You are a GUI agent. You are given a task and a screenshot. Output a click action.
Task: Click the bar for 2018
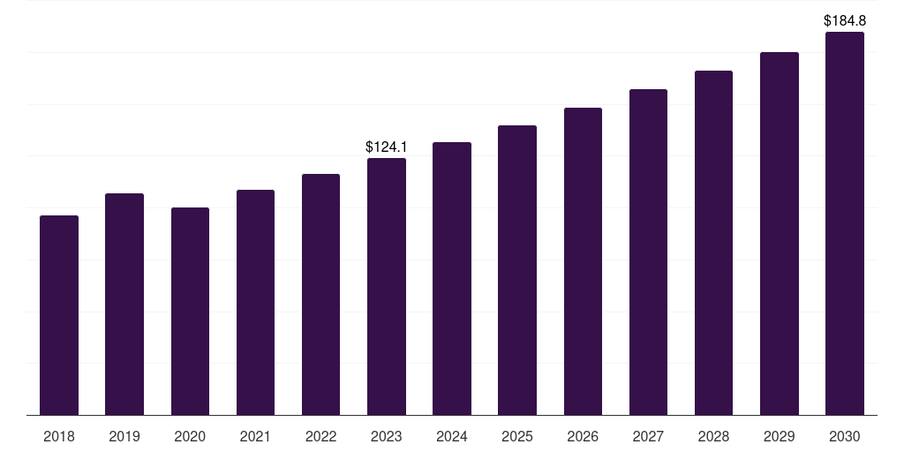(59, 315)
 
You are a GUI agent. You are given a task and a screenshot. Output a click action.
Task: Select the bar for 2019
(124, 305)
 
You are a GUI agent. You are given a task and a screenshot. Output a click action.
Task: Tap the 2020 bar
(191, 312)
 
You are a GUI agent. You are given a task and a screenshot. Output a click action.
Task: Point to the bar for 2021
(255, 303)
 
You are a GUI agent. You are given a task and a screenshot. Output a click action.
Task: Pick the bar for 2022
(320, 295)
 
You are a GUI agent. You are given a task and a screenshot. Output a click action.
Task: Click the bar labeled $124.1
(387, 287)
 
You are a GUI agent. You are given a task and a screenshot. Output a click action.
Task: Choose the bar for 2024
(452, 278)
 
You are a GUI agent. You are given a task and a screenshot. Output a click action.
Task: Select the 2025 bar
(517, 270)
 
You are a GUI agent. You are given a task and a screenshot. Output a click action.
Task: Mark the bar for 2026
(583, 261)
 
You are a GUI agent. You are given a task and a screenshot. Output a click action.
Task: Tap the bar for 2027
(648, 252)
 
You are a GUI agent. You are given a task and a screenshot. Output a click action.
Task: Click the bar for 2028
(713, 244)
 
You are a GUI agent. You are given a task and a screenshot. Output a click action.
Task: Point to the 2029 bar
(780, 234)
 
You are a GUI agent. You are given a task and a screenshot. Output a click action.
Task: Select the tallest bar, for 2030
(845, 223)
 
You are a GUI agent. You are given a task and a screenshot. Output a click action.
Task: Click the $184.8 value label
(845, 21)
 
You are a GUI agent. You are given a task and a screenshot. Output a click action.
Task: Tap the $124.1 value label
(387, 147)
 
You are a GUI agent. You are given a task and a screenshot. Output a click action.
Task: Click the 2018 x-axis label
(59, 436)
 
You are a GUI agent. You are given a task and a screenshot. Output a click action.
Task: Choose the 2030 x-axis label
(845, 436)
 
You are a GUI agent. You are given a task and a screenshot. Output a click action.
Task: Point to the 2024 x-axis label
(452, 436)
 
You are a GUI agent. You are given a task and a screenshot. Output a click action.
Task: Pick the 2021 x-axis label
(255, 436)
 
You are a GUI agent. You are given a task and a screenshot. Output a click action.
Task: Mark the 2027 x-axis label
(648, 436)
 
